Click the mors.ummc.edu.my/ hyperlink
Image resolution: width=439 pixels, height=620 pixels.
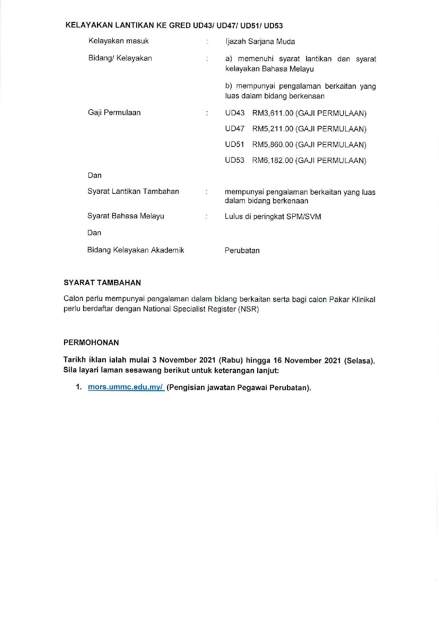tap(126, 387)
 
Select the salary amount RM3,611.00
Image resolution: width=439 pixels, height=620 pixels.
tap(273, 113)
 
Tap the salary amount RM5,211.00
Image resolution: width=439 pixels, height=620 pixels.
tap(273, 129)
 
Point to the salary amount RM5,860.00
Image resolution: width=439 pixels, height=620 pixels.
tap(273, 145)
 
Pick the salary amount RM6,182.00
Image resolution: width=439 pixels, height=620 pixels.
tap(273, 161)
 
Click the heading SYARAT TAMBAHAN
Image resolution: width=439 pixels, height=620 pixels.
tap(102, 283)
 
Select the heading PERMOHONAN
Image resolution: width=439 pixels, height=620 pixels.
tap(91, 342)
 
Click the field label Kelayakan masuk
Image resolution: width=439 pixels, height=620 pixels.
tap(119, 41)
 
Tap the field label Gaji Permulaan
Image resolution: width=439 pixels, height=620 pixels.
tap(114, 112)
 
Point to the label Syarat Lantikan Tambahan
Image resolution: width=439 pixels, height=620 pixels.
tap(133, 191)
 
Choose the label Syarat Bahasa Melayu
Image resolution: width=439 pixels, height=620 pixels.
tap(126, 216)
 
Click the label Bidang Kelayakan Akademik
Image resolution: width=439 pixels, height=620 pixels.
tap(136, 250)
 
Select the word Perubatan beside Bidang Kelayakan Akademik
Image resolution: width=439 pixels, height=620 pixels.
tap(242, 250)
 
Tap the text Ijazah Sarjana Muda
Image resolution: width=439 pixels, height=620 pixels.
tap(260, 41)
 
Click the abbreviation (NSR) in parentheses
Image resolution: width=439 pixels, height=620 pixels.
tap(248, 309)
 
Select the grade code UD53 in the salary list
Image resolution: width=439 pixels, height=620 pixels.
tap(235, 160)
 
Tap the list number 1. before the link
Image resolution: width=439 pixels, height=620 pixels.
tap(79, 387)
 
